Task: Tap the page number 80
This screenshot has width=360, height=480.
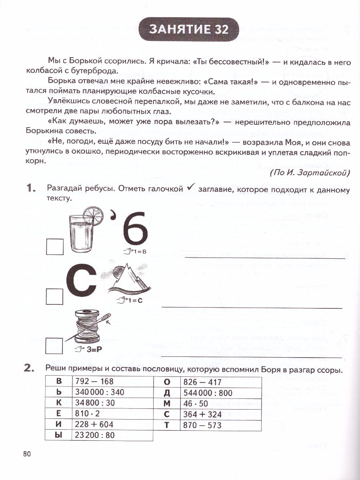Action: coord(27,454)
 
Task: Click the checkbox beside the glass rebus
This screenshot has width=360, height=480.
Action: coord(54,246)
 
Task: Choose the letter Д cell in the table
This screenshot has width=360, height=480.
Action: coord(167,392)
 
